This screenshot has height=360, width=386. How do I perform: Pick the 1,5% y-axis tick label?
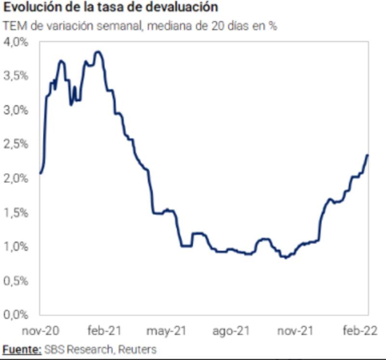18,212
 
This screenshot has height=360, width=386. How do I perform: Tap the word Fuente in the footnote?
22,349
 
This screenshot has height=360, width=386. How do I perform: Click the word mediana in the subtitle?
166,26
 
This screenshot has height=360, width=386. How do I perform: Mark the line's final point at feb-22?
368,155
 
